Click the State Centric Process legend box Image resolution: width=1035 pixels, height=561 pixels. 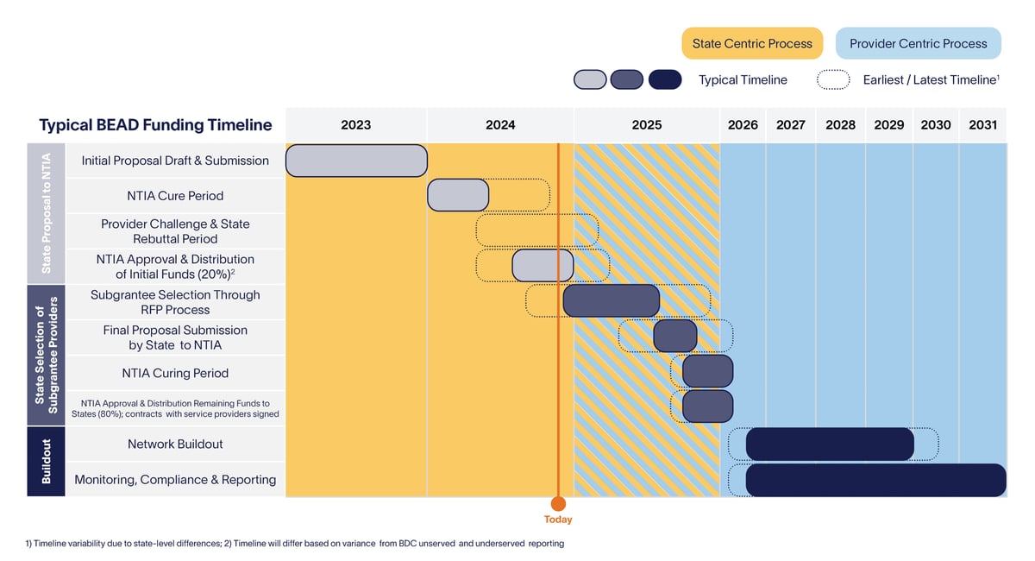(752, 43)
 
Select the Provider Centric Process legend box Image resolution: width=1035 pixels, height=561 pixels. (918, 43)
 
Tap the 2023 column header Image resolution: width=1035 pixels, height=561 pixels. (355, 125)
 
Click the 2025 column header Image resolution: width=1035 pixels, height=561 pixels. (646, 125)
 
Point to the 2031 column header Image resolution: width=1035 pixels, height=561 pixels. (982, 125)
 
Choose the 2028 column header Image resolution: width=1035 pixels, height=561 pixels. (840, 125)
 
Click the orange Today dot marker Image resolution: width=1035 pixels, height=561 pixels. (558, 503)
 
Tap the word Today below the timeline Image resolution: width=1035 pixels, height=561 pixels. (558, 520)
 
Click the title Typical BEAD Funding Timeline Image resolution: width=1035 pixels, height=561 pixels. (155, 125)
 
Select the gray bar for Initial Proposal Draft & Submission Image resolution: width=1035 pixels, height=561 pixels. (355, 161)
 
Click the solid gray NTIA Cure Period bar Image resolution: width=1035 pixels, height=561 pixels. (458, 195)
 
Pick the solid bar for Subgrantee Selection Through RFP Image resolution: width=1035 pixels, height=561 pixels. (611, 300)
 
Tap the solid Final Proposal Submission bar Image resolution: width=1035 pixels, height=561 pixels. (674, 336)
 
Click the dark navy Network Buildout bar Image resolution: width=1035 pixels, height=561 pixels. (829, 444)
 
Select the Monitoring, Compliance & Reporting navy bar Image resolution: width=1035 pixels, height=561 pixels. (875, 480)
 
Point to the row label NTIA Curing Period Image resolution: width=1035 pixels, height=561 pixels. (175, 373)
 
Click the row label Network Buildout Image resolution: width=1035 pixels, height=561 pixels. (175, 444)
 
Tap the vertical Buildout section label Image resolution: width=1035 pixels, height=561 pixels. (46, 461)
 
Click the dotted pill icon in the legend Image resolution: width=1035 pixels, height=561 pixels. (834, 79)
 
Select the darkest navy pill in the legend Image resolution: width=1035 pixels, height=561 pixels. (664, 79)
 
